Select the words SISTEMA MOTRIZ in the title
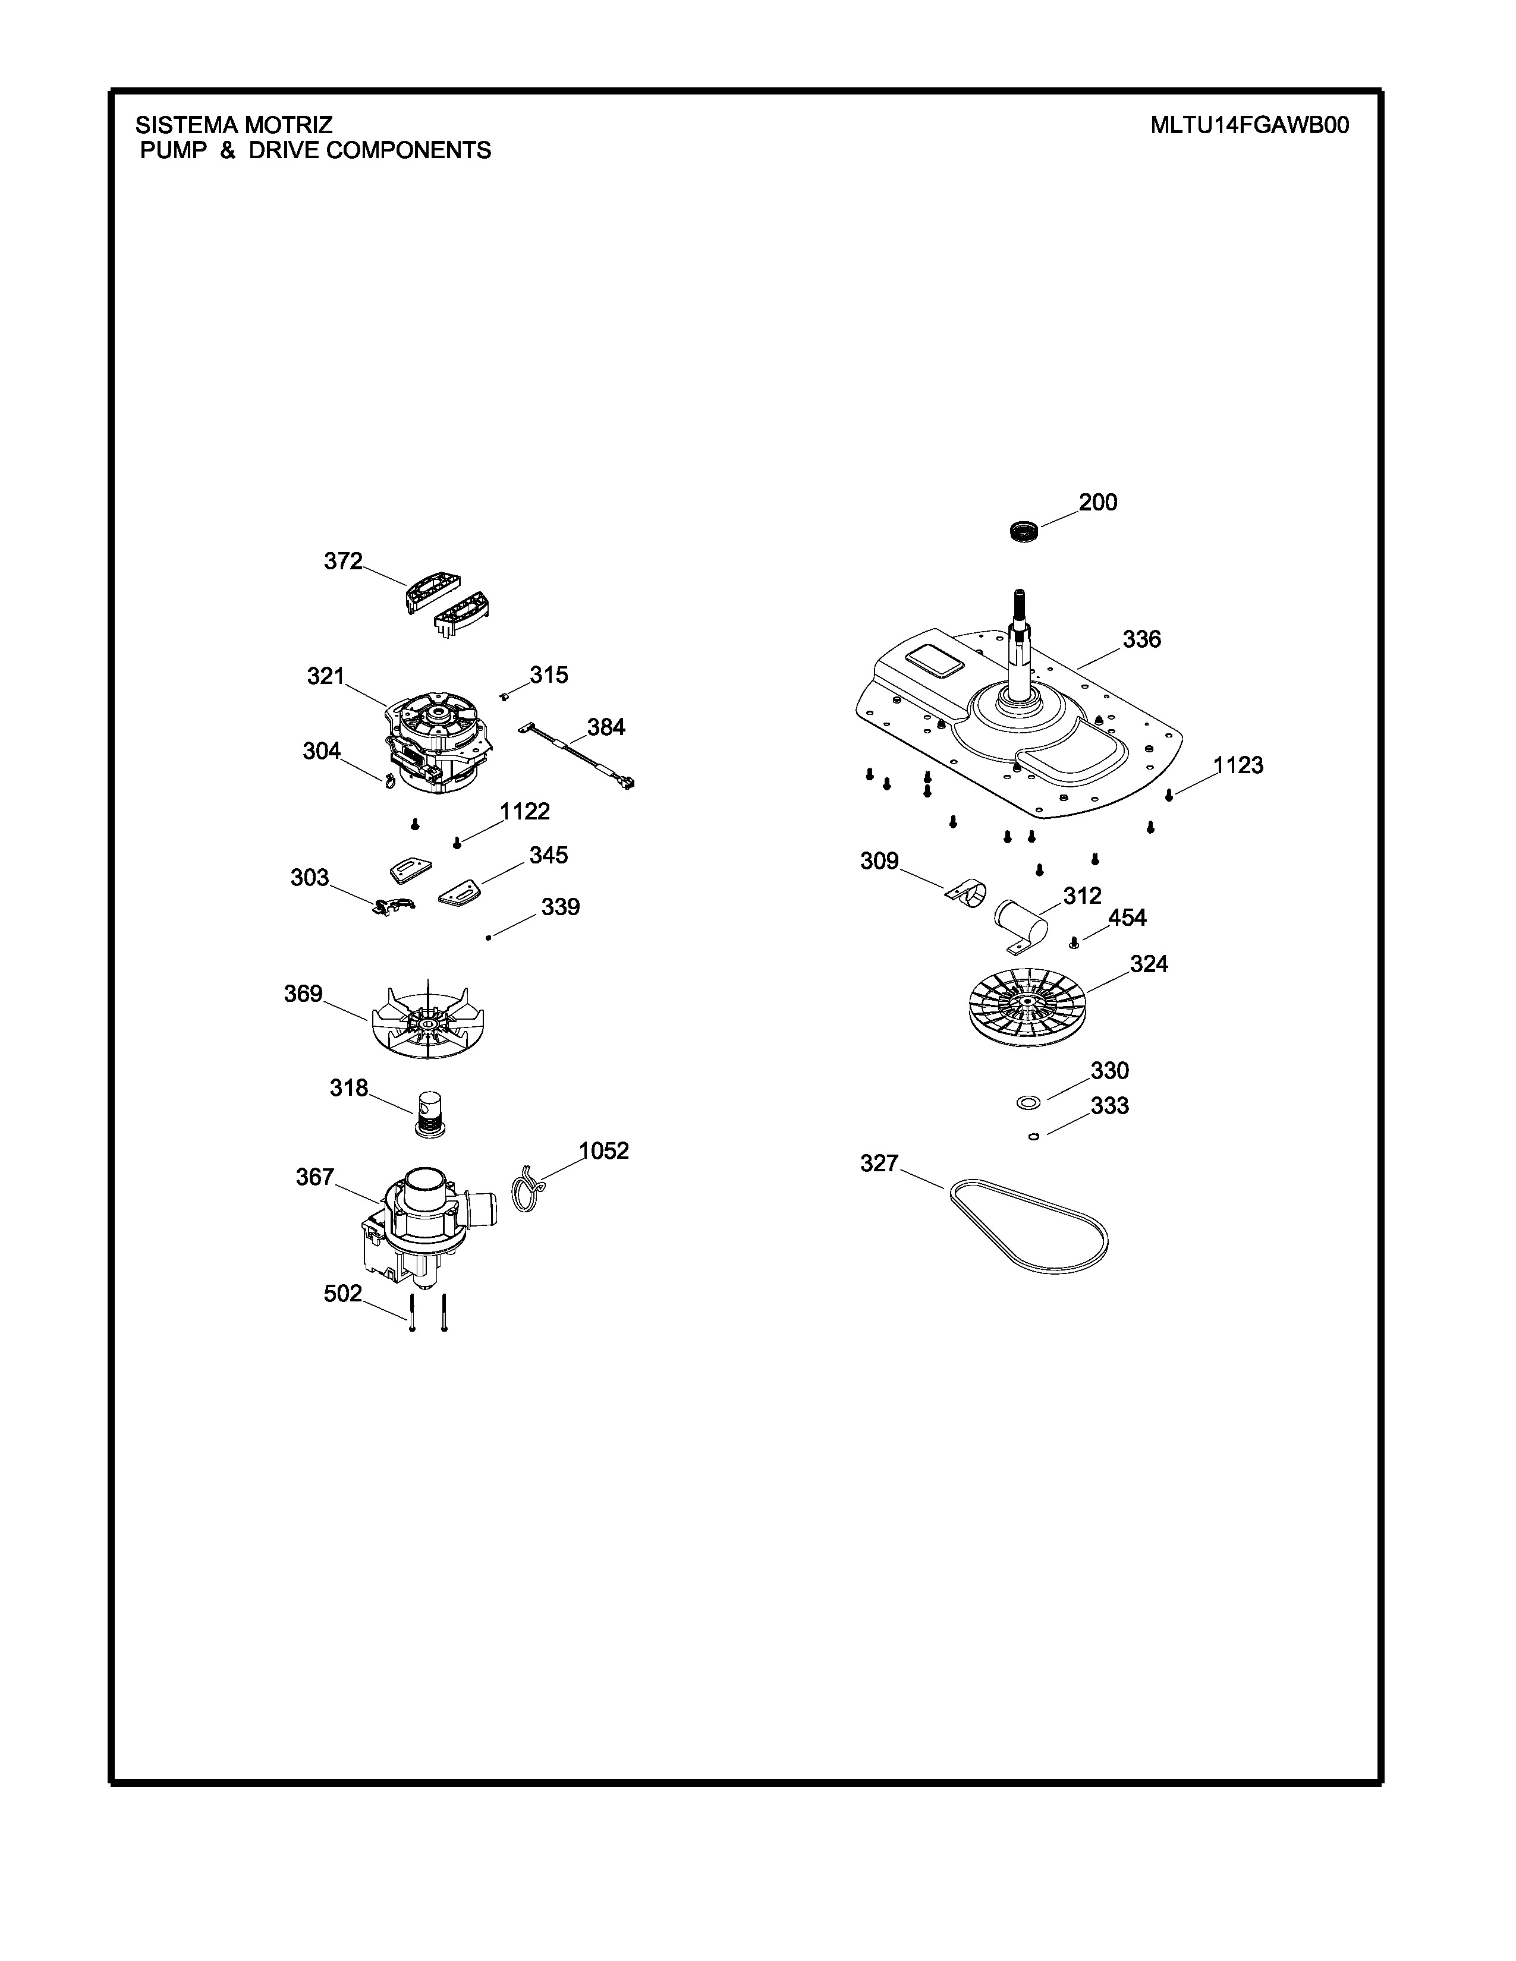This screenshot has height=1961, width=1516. [x=234, y=125]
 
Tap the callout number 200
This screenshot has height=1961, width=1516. [x=1097, y=503]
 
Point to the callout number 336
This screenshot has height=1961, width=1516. [x=1141, y=639]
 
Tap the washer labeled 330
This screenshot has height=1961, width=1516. [x=1027, y=1102]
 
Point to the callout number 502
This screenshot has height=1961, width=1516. [x=342, y=1294]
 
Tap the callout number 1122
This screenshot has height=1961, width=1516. [x=524, y=812]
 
